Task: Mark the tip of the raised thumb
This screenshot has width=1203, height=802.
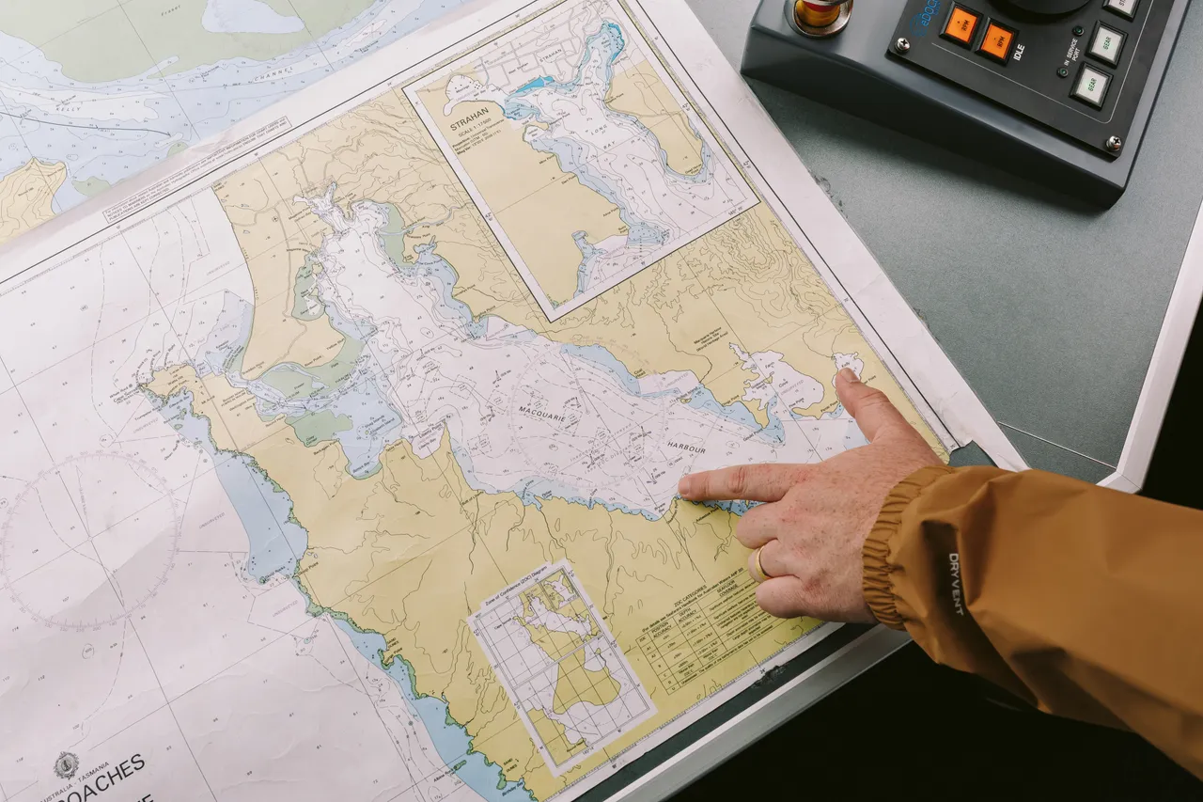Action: pyautogui.click(x=846, y=375)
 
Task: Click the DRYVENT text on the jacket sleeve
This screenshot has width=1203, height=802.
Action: pyautogui.click(x=955, y=584)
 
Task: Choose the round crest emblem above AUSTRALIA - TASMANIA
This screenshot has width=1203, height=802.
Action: pyautogui.click(x=66, y=763)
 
